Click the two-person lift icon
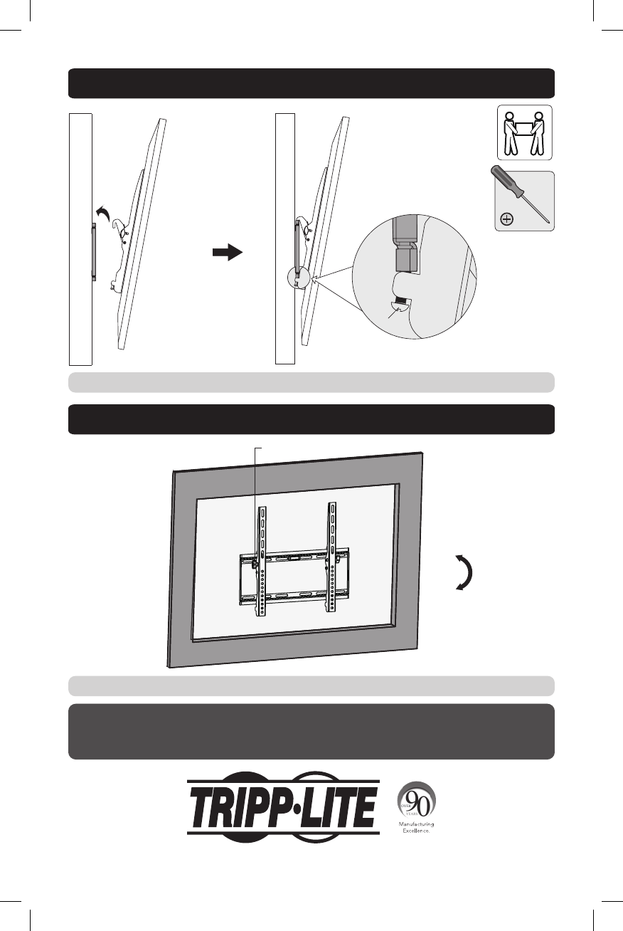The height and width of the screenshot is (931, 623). pyautogui.click(x=525, y=132)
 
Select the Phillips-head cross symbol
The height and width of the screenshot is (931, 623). pyautogui.click(x=506, y=219)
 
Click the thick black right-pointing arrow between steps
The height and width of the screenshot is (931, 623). pyautogui.click(x=228, y=252)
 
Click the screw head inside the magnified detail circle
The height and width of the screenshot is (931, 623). pyautogui.click(x=400, y=307)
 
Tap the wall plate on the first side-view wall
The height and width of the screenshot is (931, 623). pyautogui.click(x=94, y=252)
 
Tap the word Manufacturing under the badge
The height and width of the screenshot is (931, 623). pyautogui.click(x=416, y=824)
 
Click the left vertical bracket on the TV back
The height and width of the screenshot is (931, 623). pyautogui.click(x=261, y=561)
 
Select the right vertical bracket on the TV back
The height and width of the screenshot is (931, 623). pyautogui.click(x=331, y=557)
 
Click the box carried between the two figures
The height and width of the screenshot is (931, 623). pyautogui.click(x=525, y=128)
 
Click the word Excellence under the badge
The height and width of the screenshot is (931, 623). pyautogui.click(x=416, y=831)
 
